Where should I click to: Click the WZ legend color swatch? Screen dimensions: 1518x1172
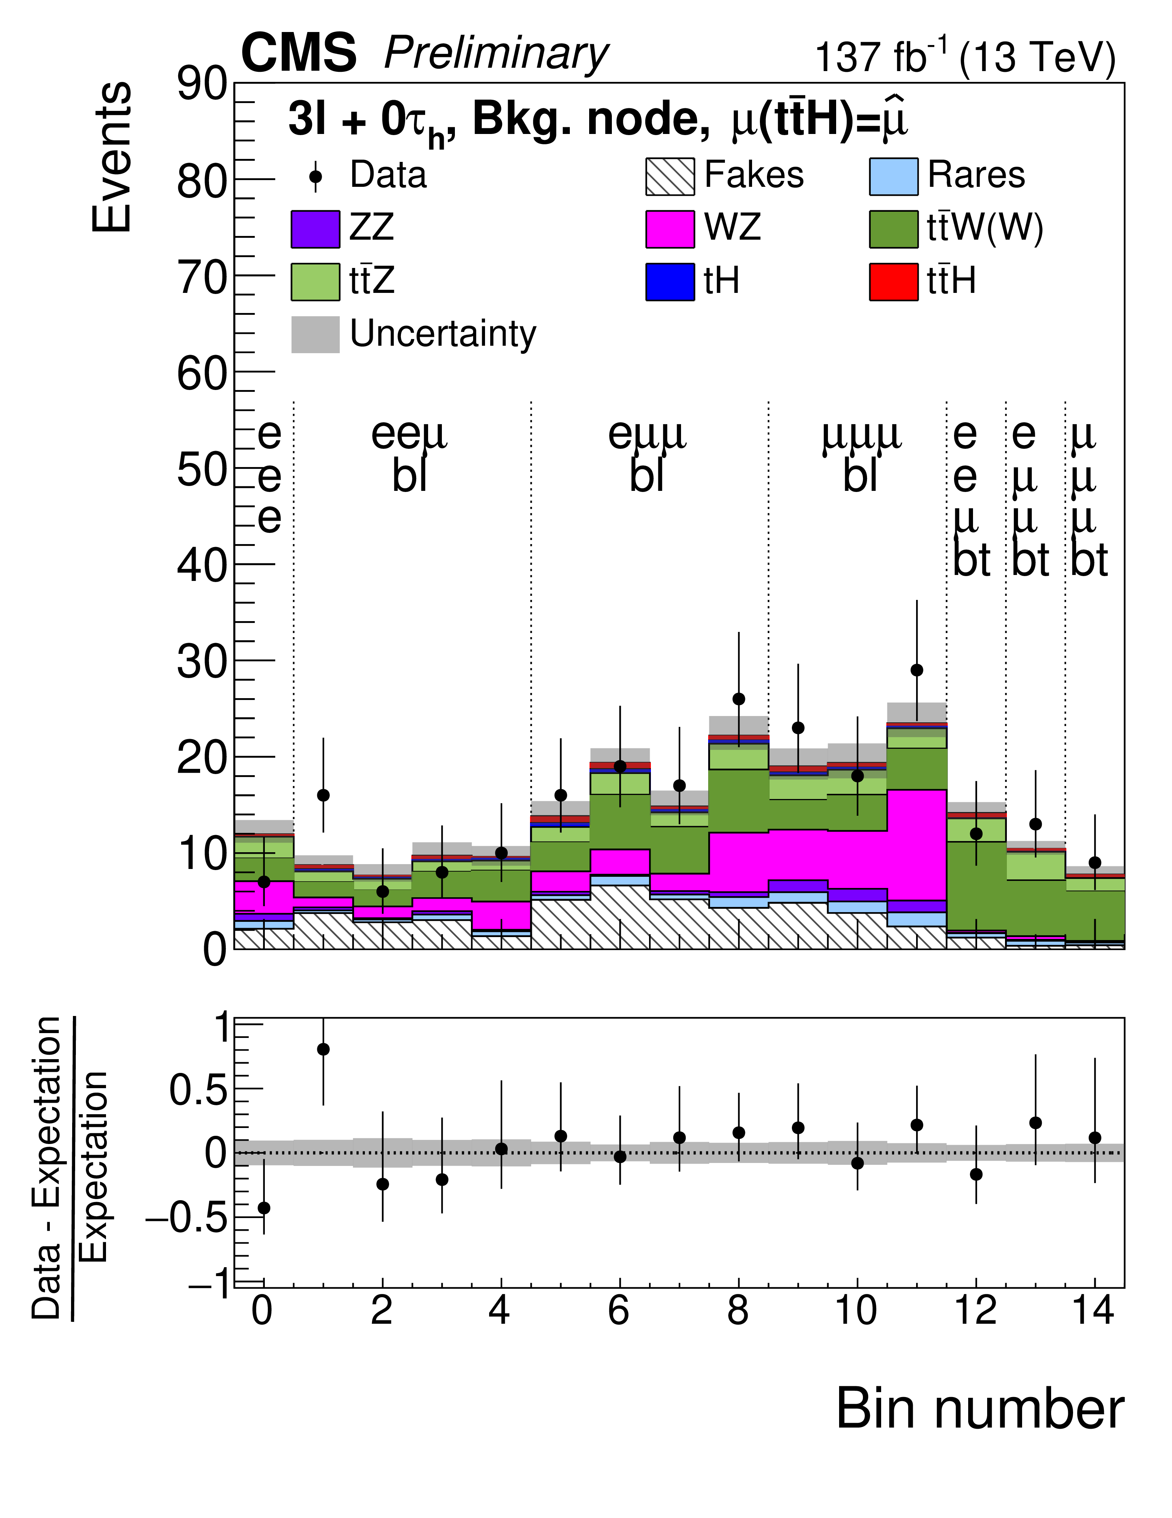coord(670,229)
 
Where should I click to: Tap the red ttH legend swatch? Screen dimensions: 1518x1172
coord(893,282)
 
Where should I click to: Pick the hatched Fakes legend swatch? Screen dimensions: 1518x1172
coord(670,176)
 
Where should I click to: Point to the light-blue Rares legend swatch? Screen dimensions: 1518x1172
coord(893,176)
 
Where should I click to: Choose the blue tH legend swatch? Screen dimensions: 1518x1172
coord(670,282)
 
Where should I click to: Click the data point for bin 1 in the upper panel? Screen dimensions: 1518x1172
coord(323,795)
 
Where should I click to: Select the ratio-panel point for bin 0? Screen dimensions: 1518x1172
coord(263,1208)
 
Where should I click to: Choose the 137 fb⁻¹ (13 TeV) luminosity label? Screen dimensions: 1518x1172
coord(964,57)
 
